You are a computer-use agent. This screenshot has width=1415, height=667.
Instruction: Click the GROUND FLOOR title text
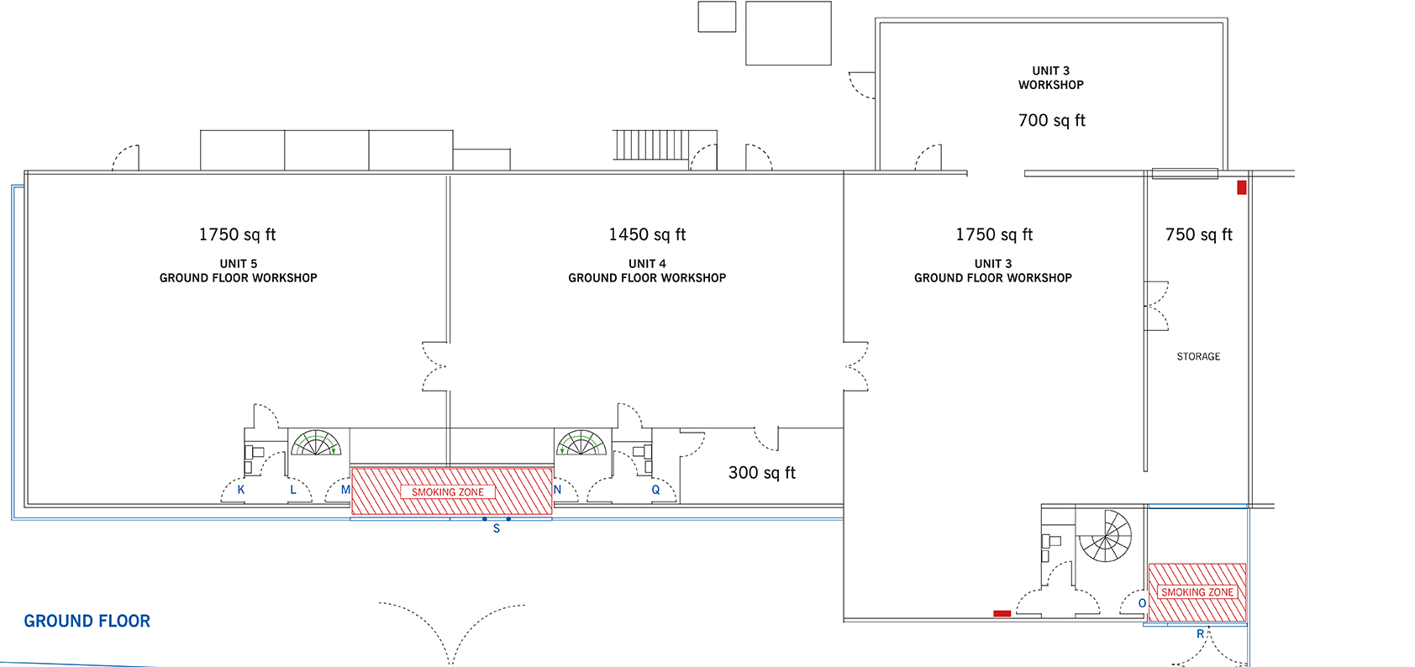(87, 622)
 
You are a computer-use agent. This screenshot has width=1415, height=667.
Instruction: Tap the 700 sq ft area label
(1052, 121)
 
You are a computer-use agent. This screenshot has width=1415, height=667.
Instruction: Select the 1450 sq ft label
(647, 235)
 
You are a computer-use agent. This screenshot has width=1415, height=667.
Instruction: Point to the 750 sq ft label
(1199, 235)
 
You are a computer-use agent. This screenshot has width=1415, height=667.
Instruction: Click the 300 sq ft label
(762, 473)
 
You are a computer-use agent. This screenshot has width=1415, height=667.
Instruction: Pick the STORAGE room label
(1198, 357)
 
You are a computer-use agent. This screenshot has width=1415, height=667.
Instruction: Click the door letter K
(240, 490)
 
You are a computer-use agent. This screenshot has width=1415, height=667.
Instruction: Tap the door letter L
(293, 490)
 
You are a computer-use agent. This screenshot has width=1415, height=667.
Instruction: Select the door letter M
(345, 490)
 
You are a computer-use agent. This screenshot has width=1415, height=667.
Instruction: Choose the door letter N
(557, 490)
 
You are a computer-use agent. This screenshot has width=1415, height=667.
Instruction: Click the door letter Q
(655, 490)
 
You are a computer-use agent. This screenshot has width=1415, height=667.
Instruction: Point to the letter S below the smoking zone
(497, 528)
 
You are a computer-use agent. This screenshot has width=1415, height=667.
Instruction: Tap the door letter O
(1142, 603)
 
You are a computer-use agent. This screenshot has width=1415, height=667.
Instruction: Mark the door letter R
(1200, 634)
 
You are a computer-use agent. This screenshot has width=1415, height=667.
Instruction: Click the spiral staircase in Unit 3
(1106, 536)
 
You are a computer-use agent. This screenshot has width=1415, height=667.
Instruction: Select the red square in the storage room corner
(1241, 187)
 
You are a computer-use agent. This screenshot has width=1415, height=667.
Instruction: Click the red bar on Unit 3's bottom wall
(1002, 613)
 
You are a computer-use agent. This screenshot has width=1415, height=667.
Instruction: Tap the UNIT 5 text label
(238, 264)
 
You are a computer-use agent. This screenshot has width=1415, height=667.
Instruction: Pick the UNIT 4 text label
(647, 264)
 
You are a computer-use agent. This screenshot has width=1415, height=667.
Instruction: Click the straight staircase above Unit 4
(651, 144)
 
